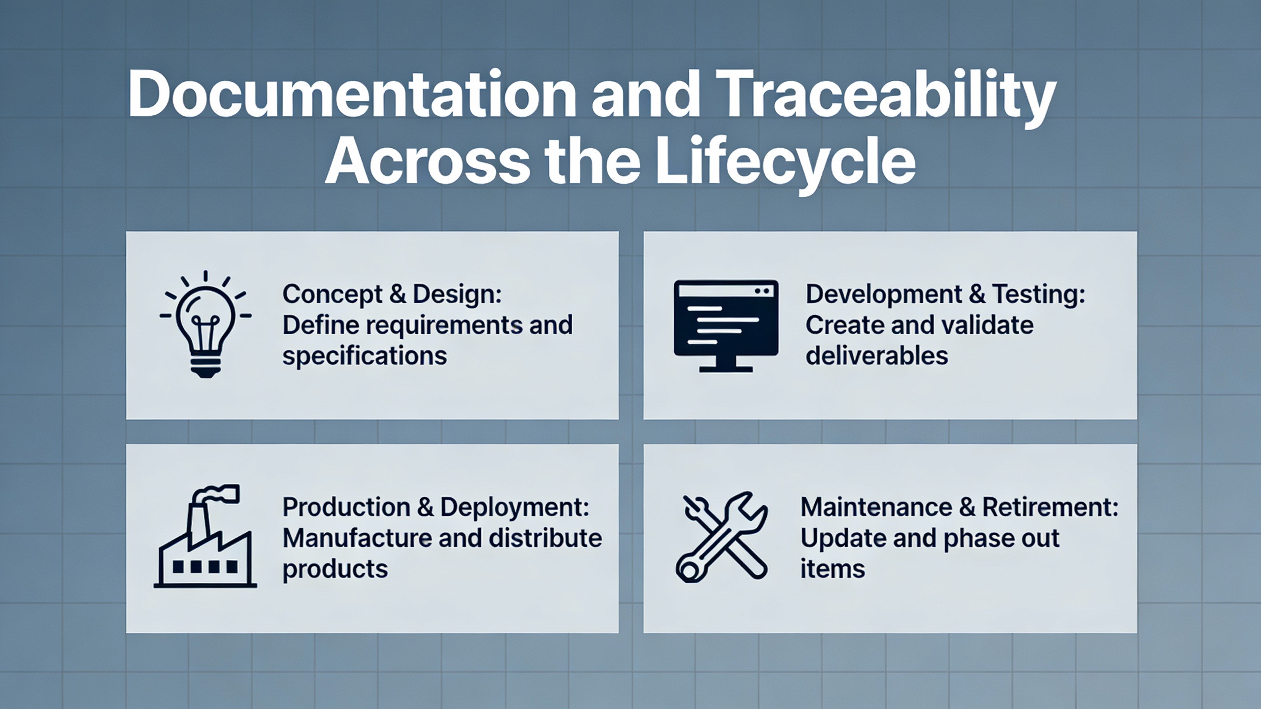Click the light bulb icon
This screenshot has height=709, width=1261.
(x=205, y=324)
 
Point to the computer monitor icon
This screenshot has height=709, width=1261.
(x=726, y=325)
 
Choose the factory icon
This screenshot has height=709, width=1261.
(x=205, y=536)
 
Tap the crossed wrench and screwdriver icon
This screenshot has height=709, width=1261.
(x=722, y=537)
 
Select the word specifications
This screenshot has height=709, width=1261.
(x=365, y=356)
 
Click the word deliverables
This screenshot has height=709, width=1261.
(x=877, y=355)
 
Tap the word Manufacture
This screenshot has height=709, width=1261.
(x=357, y=538)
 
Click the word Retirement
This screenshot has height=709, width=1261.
(x=1051, y=507)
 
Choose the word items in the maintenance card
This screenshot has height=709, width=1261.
(x=832, y=569)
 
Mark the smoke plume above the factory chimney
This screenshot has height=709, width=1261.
(x=216, y=494)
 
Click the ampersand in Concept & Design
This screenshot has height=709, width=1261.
(x=398, y=294)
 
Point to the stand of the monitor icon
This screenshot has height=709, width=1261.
(x=726, y=363)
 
